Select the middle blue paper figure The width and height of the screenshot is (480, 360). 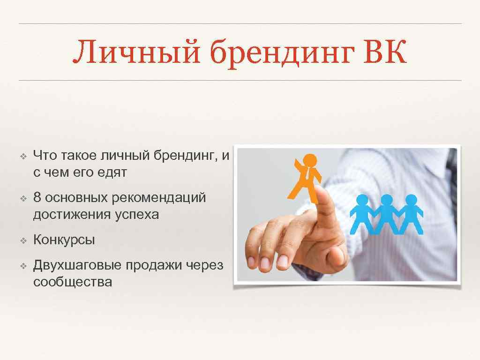click(386, 214)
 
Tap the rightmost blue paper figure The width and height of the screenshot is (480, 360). click(411, 214)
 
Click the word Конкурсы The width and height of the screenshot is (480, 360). click(64, 240)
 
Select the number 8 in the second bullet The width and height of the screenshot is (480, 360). click(37, 198)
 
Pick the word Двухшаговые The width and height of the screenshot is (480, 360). click(77, 266)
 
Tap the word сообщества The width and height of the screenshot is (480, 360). click(73, 282)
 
